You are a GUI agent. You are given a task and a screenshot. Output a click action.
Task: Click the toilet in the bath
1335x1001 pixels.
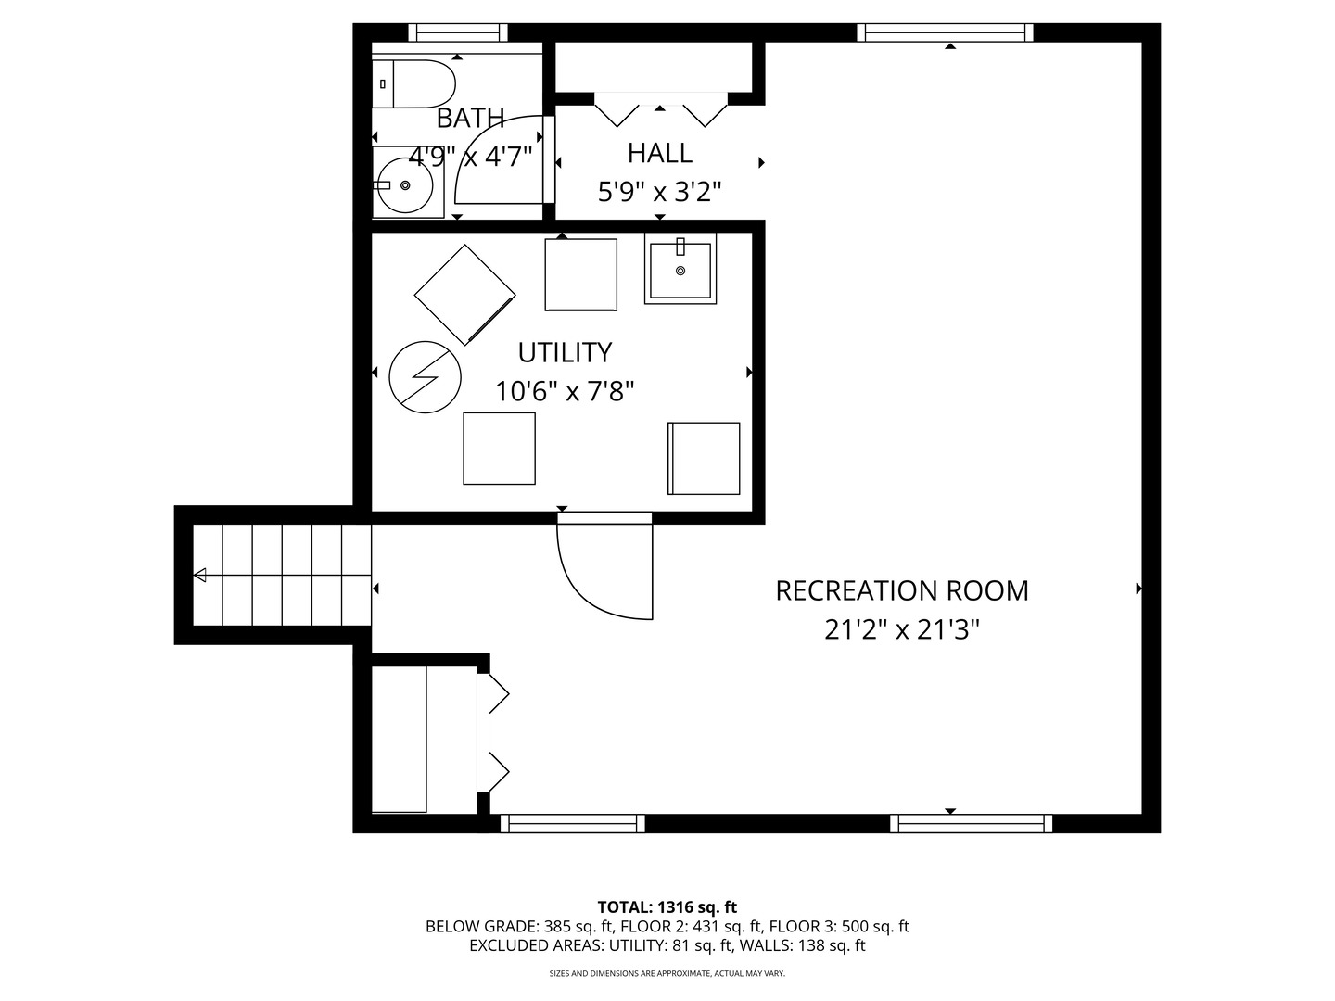414,84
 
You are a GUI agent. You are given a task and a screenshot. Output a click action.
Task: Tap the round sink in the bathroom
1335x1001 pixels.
403,185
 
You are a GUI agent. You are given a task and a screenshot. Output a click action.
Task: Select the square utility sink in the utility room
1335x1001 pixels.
680,269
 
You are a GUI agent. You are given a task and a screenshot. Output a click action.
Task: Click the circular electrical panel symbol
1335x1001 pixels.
425,378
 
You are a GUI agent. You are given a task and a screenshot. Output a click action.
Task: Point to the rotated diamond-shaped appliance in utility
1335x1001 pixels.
464,295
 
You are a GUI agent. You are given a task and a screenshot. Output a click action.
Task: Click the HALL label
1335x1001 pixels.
659,153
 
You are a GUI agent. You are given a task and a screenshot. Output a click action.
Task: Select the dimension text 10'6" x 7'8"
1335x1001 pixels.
564,392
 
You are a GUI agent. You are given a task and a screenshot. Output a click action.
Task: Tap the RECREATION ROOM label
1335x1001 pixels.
901,590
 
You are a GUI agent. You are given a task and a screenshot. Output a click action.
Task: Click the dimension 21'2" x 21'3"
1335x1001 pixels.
901,630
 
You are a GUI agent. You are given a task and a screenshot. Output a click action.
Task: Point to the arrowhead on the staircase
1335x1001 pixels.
200,576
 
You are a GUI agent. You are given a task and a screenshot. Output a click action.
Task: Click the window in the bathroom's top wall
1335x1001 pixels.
458,33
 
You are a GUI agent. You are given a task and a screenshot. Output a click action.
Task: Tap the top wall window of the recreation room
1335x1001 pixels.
945,33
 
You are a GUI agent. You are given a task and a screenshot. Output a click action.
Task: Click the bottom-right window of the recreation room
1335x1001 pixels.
971,823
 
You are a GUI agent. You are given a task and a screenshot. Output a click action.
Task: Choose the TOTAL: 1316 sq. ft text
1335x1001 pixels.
667,907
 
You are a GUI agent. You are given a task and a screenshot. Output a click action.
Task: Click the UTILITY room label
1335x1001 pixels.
564,353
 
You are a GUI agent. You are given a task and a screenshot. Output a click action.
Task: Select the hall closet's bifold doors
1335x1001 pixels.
659,109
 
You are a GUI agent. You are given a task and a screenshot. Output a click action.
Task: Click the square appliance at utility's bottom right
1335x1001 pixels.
704,459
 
